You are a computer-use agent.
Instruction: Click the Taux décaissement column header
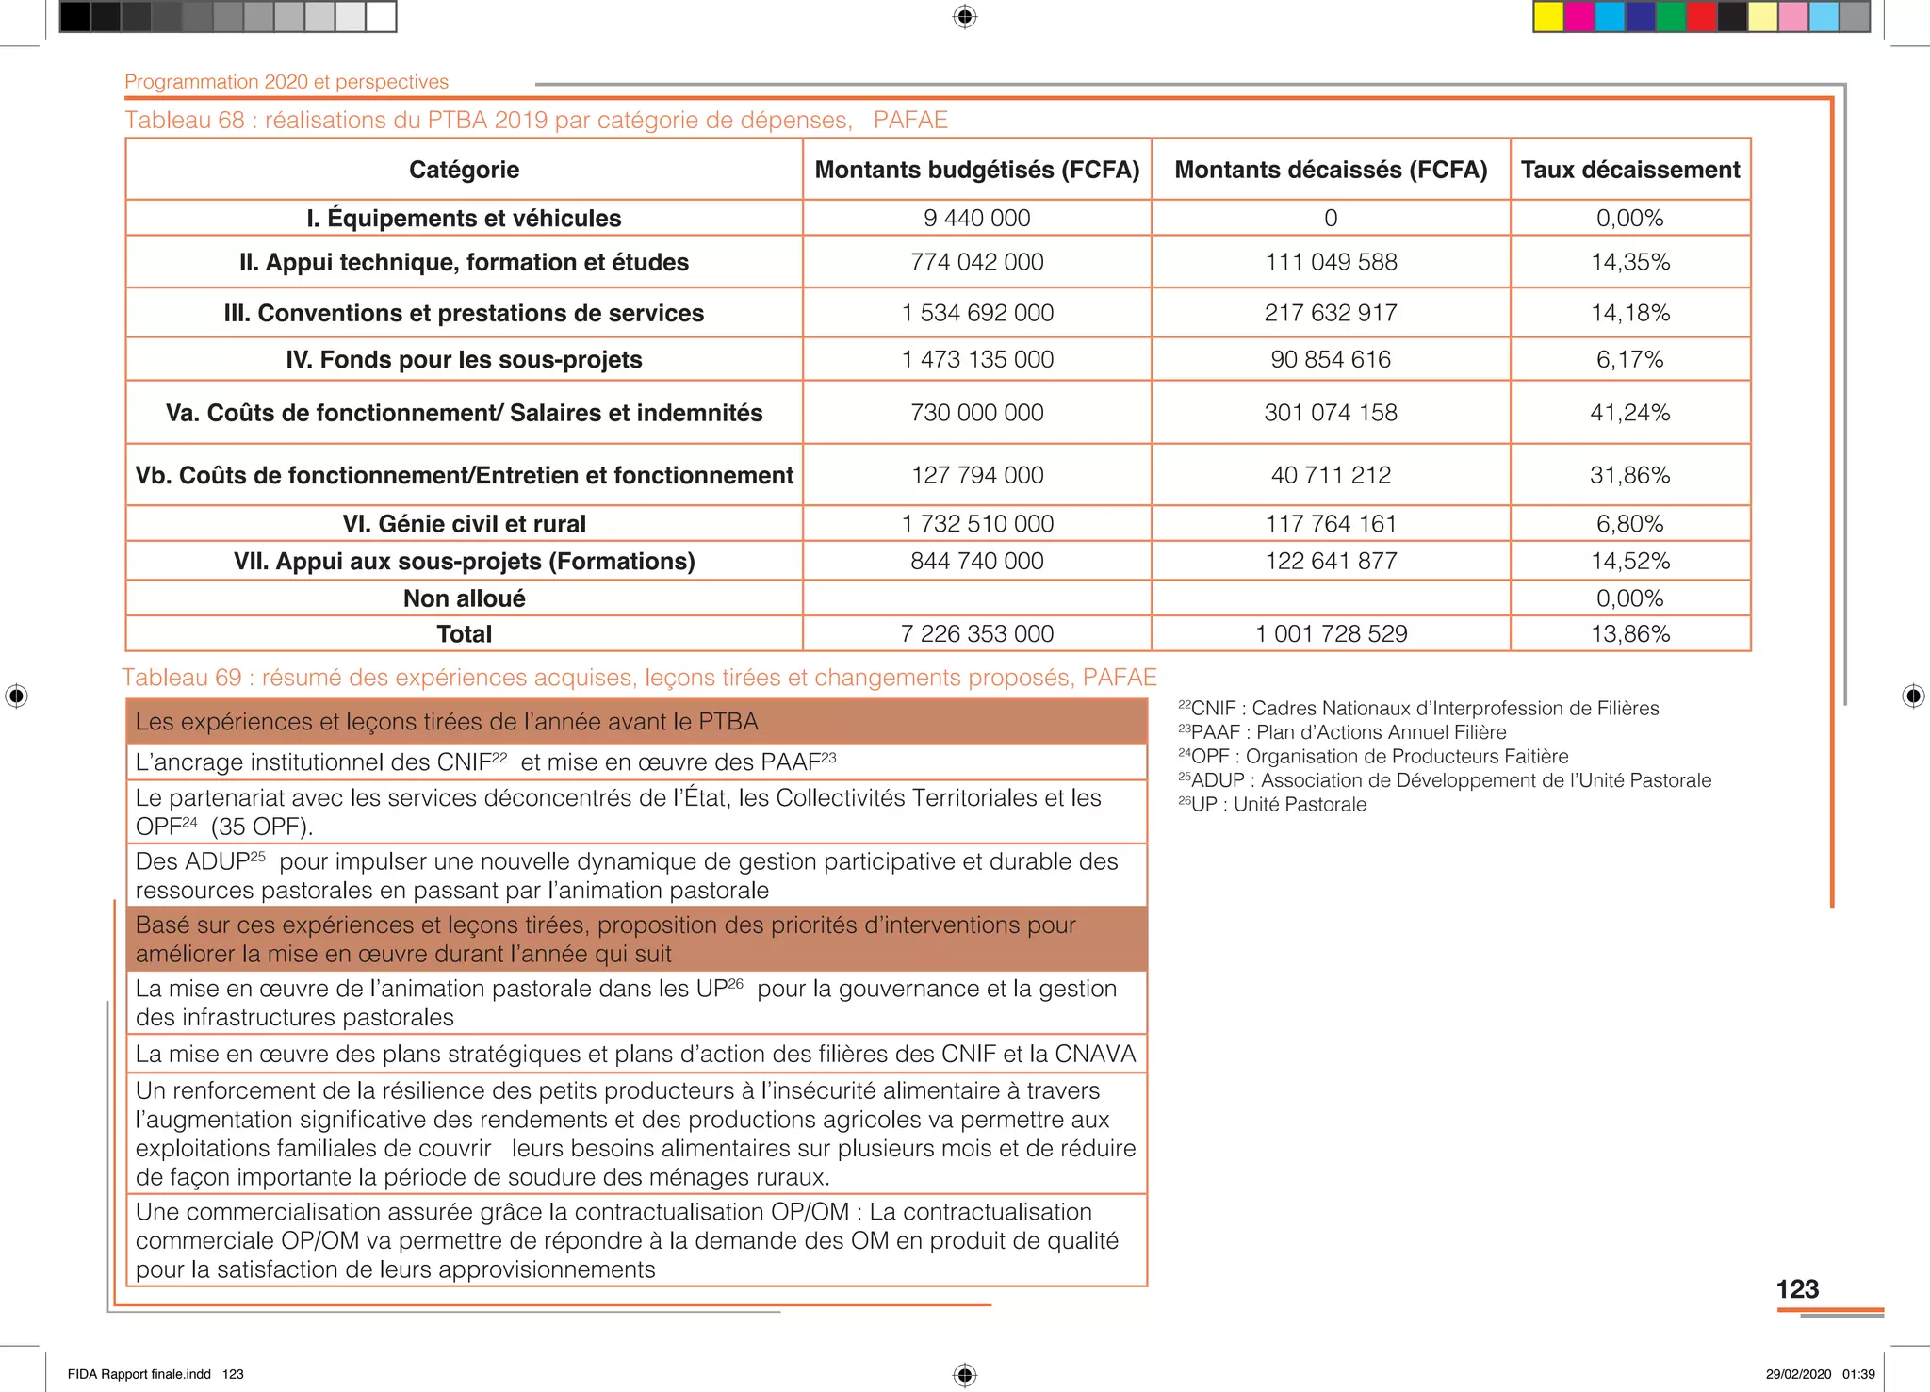pyautogui.click(x=1629, y=170)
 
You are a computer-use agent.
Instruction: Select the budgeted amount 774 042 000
pyautogui.click(x=976, y=262)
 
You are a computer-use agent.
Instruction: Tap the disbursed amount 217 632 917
pyautogui.click(x=1330, y=313)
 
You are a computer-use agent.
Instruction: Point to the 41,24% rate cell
pyautogui.click(x=1629, y=413)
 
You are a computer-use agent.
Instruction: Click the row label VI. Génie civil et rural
pyautogui.click(x=464, y=524)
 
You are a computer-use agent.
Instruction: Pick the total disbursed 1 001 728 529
pyautogui.click(x=1331, y=634)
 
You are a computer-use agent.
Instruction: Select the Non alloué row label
pyautogui.click(x=464, y=598)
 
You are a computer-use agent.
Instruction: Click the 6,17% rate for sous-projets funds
pyautogui.click(x=1629, y=359)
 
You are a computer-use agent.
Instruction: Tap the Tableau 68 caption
pyautogui.click(x=535, y=121)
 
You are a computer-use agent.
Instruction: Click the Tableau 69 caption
pyautogui.click(x=638, y=678)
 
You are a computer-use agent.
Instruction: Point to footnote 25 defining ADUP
pyautogui.click(x=1444, y=780)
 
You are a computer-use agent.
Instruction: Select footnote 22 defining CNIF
pyautogui.click(x=1417, y=709)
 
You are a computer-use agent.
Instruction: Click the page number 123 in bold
pyautogui.click(x=1796, y=1289)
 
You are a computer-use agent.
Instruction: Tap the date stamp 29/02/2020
pyautogui.click(x=1798, y=1374)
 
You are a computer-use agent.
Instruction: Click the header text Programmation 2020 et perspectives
pyautogui.click(x=286, y=82)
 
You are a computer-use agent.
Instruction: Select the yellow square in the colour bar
pyautogui.click(x=1547, y=17)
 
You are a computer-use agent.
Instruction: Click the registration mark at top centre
pyautogui.click(x=964, y=17)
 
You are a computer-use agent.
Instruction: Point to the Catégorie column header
pyautogui.click(x=464, y=170)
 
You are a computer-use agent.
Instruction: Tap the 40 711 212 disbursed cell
pyautogui.click(x=1330, y=475)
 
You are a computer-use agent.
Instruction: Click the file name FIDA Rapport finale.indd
pyautogui.click(x=139, y=1374)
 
